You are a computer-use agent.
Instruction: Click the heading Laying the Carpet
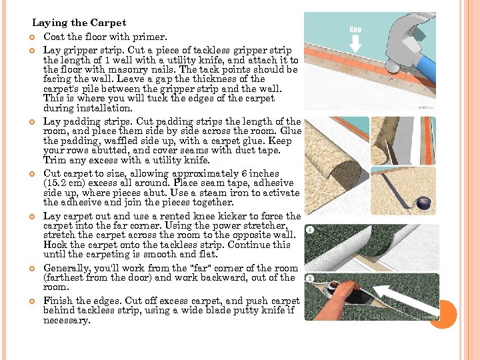[79, 23]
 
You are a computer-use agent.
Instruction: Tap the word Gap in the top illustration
[355, 29]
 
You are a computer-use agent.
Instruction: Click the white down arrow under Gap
[355, 43]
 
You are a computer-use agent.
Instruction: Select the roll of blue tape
[424, 203]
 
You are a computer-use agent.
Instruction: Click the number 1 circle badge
[310, 229]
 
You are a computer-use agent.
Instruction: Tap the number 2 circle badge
[310, 279]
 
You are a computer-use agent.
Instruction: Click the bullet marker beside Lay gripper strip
[32, 50]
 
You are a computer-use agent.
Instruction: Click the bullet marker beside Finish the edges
[32, 301]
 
